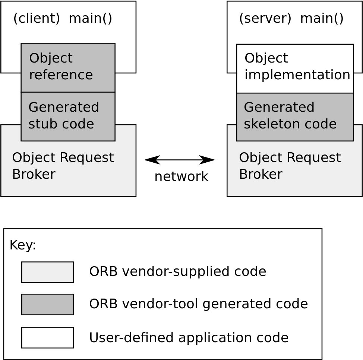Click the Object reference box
point(68,67)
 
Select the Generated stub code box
point(68,116)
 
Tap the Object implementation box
point(295,69)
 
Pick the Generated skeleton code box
point(295,117)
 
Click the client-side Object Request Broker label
point(63,166)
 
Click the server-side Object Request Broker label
point(290,166)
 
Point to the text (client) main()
point(63,18)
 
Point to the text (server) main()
point(291,18)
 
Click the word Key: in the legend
point(23,245)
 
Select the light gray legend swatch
point(47,272)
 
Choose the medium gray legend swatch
point(47,304)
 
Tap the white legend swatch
point(47,337)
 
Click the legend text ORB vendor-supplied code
point(177,272)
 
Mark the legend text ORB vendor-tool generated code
point(198,304)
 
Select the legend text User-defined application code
point(189,338)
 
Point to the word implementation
point(297,75)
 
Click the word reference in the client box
point(61,75)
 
